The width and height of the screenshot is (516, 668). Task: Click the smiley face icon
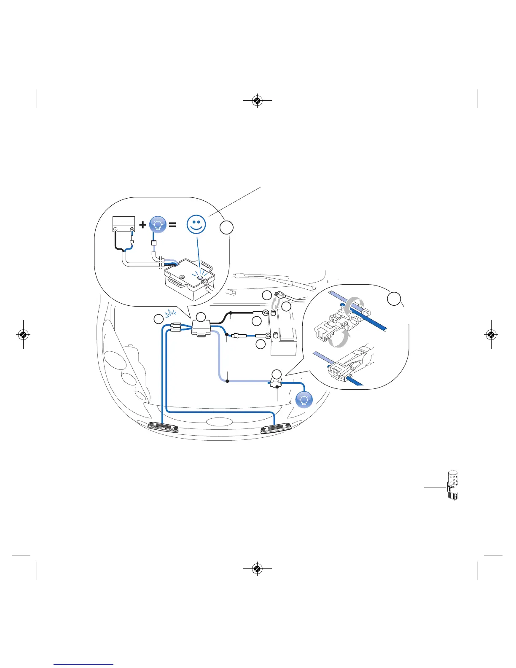point(196,225)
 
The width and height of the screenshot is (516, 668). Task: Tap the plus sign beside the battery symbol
point(143,225)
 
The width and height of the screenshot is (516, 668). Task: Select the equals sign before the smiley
point(172,225)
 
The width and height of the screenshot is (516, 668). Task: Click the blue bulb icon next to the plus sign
point(158,225)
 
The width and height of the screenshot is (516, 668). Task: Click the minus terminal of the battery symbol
point(116,229)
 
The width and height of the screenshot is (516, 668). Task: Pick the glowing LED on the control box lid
point(200,279)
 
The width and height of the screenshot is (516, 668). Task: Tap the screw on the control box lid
point(183,277)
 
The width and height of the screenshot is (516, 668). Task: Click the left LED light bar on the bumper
point(163,427)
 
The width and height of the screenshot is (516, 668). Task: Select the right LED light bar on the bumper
point(277,429)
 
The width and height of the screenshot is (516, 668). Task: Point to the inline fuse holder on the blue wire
point(238,336)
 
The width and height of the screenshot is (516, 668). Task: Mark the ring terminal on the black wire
point(266,313)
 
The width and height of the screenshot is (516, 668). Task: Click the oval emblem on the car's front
point(218,421)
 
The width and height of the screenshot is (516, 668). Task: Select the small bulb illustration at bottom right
point(452,486)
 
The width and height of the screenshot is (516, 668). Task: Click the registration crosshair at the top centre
point(258,101)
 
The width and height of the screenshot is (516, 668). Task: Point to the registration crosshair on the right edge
point(491,335)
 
